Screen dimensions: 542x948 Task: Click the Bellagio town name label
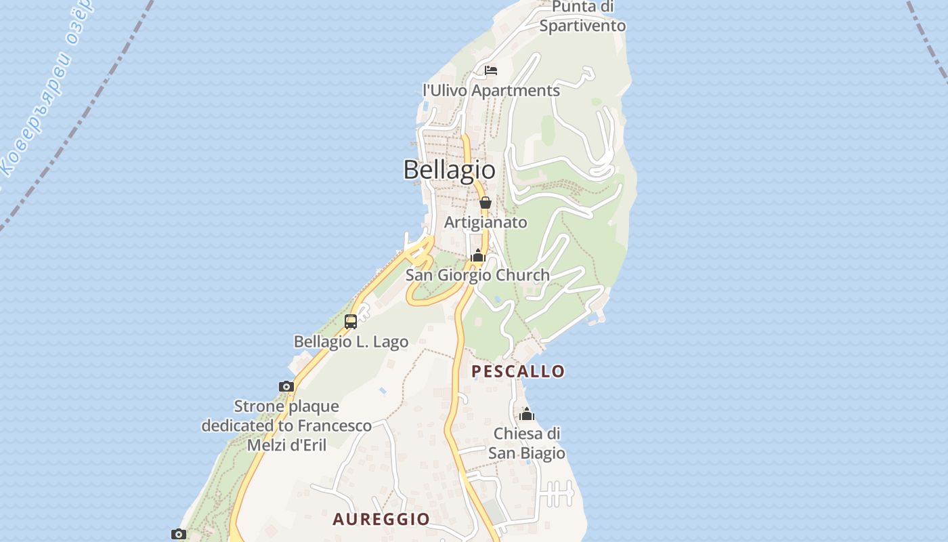(449, 169)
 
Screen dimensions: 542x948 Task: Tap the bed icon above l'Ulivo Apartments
(491, 70)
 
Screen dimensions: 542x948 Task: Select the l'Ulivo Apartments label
(491, 90)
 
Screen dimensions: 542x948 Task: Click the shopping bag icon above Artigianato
(486, 203)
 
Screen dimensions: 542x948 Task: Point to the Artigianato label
(486, 222)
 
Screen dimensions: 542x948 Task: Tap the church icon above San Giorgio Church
(478, 256)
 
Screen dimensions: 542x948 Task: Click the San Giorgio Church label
(477, 275)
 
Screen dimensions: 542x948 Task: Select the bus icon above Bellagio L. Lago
(351, 322)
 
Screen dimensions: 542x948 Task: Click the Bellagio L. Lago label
(351, 341)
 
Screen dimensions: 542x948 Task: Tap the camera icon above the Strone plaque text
(286, 387)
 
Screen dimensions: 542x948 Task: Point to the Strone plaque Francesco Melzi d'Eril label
(286, 425)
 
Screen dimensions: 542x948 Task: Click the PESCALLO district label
(518, 371)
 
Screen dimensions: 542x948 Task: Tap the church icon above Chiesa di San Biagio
(527, 415)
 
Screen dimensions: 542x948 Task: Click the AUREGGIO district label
(381, 520)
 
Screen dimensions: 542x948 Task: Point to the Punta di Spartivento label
(582, 16)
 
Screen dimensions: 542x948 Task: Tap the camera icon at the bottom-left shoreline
(178, 534)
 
